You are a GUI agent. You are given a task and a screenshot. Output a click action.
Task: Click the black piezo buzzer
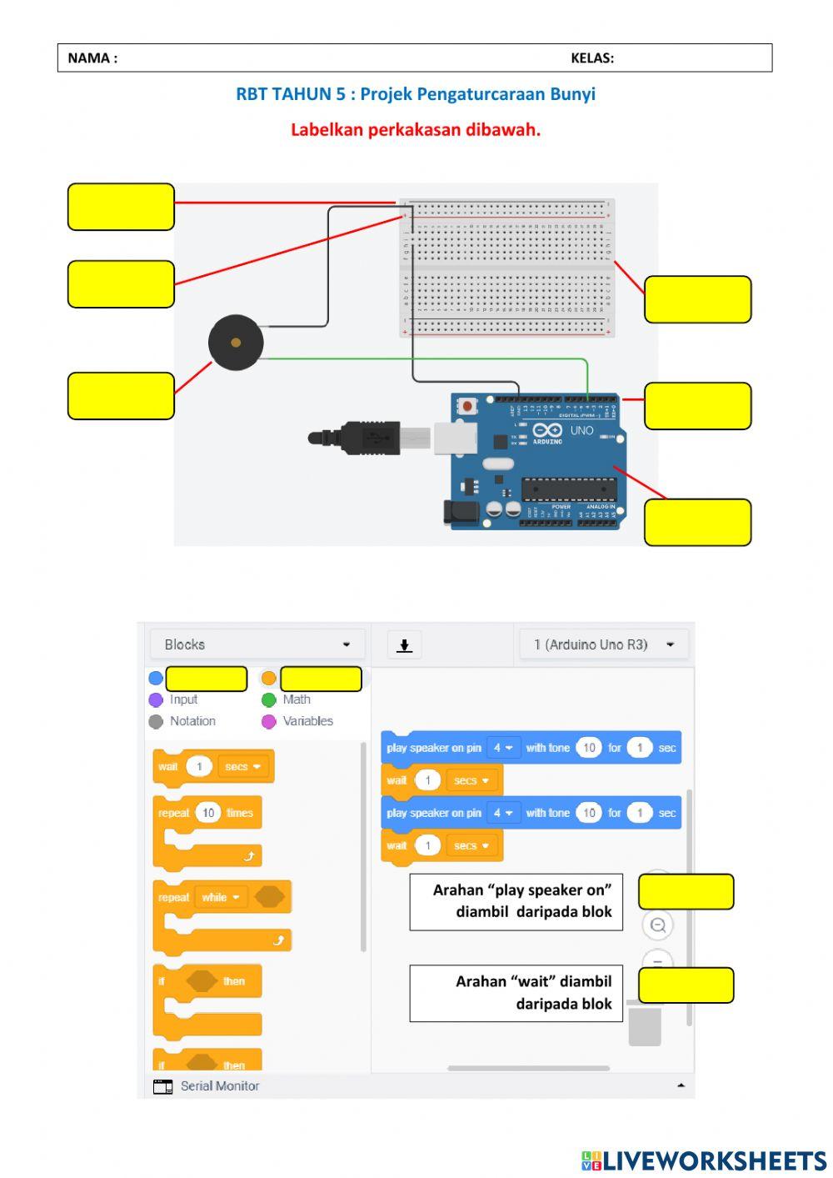click(236, 343)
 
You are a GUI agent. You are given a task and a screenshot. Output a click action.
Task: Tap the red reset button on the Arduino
click(467, 407)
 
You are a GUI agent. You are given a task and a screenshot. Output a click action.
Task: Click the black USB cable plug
click(367, 438)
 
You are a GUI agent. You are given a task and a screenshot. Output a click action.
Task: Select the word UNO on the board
click(581, 431)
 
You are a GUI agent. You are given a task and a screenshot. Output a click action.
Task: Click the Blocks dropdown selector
click(257, 644)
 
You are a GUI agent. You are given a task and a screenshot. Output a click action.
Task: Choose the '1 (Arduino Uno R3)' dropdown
click(604, 644)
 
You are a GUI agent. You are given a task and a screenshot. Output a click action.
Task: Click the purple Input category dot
click(156, 700)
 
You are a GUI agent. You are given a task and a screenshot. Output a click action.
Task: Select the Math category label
click(297, 700)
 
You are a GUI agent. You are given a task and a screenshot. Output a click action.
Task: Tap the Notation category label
click(192, 721)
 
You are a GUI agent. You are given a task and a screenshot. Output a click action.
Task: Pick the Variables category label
click(307, 721)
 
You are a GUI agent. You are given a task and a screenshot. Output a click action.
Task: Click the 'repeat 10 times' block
click(207, 814)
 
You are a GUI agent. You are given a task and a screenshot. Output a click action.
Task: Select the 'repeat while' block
click(222, 898)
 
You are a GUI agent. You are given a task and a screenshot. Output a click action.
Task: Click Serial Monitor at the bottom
click(219, 1085)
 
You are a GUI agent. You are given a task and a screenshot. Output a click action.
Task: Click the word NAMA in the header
click(92, 58)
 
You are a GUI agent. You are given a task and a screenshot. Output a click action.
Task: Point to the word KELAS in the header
click(591, 58)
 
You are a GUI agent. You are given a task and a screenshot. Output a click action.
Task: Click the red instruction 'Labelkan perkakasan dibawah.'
click(416, 130)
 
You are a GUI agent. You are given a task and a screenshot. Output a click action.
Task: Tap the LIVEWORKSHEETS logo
click(704, 1160)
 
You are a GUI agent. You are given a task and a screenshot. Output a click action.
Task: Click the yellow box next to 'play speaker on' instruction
click(686, 892)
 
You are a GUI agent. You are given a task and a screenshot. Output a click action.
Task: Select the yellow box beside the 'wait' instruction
click(686, 985)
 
